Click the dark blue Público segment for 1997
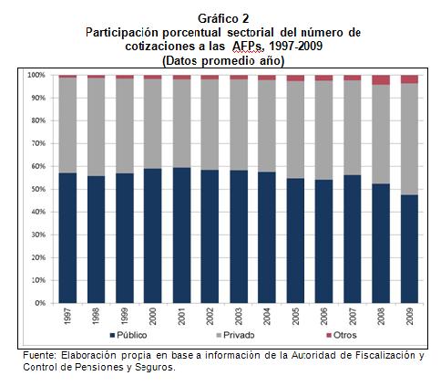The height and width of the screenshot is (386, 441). pyautogui.click(x=67, y=237)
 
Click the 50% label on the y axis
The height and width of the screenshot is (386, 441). pyautogui.click(x=39, y=189)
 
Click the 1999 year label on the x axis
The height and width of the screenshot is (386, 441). pyautogui.click(x=124, y=316)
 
